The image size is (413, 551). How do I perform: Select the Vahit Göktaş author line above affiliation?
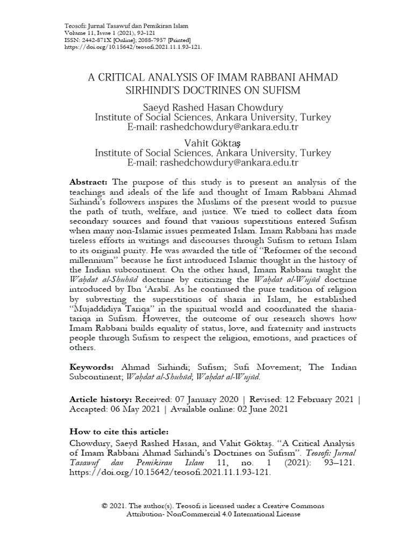213,142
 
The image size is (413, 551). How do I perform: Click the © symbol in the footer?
105,506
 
